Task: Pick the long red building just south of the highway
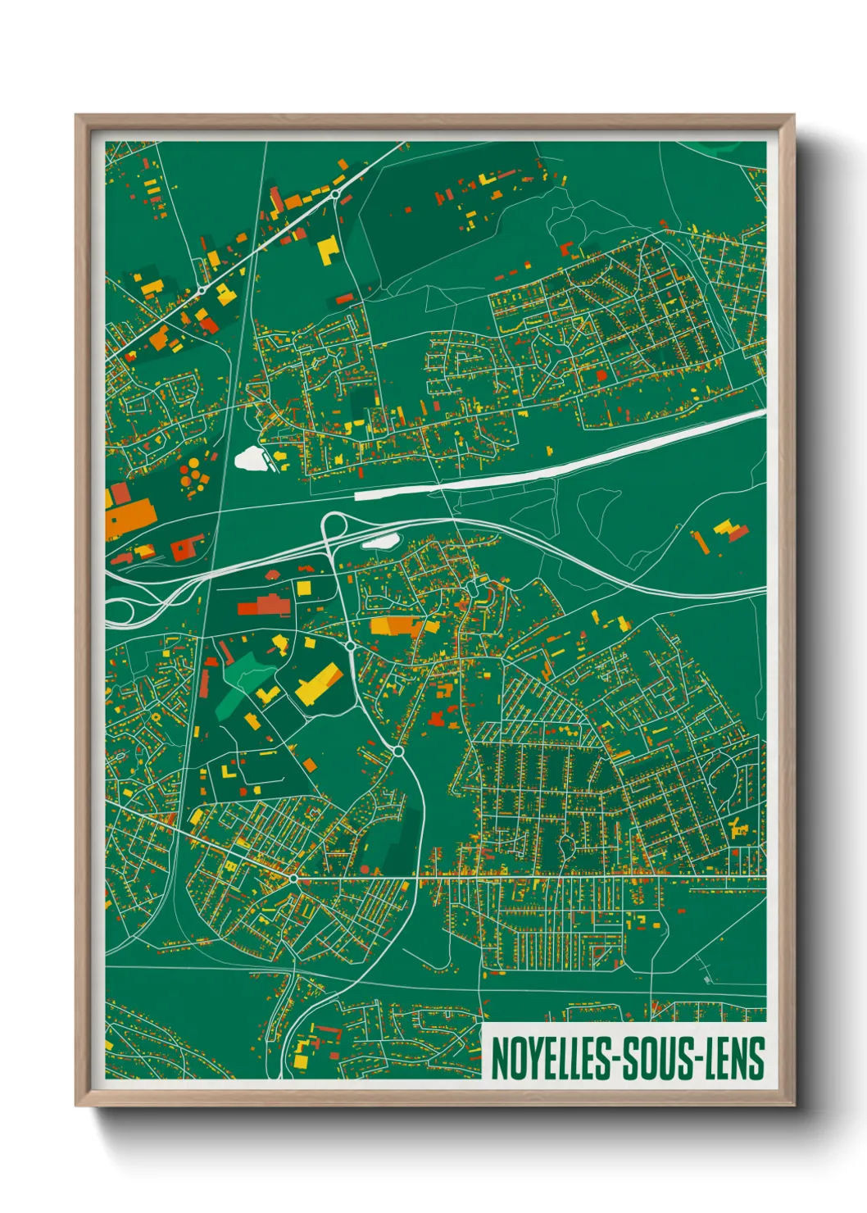pos(264,606)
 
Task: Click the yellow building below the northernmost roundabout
pos(329,248)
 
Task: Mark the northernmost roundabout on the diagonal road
pos(335,194)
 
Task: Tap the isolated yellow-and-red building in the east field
pos(728,530)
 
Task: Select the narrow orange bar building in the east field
pos(701,542)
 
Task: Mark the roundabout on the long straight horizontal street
pos(293,879)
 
